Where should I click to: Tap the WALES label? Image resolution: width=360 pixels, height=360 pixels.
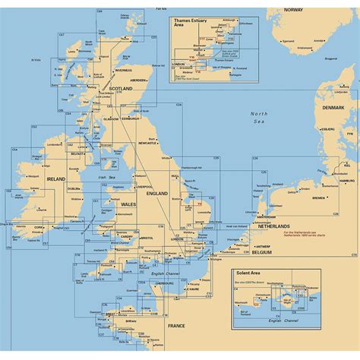[x=127, y=204]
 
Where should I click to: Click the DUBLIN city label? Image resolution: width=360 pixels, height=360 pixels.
[x=74, y=188]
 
